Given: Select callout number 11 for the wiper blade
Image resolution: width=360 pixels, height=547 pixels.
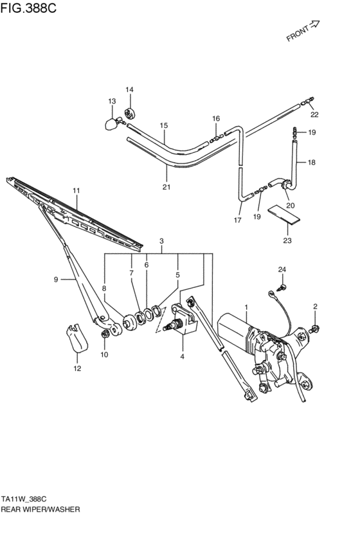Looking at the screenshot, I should (76, 191).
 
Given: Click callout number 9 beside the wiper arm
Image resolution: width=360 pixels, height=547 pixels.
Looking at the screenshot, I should (56, 279).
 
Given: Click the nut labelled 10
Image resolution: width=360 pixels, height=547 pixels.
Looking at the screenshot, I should (104, 334).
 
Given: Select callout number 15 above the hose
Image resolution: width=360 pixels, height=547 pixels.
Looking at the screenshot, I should (164, 126).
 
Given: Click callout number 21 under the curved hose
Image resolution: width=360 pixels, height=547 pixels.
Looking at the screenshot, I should (166, 187).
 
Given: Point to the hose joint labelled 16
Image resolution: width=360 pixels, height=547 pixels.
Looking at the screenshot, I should (217, 136).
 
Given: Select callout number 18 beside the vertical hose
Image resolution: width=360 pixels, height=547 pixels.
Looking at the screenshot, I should (311, 163).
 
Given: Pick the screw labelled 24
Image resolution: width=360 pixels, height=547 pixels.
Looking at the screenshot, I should (281, 287).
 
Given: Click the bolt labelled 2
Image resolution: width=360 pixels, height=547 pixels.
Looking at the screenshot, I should (316, 330).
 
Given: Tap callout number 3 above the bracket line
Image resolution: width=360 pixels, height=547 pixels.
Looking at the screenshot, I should (162, 241).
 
